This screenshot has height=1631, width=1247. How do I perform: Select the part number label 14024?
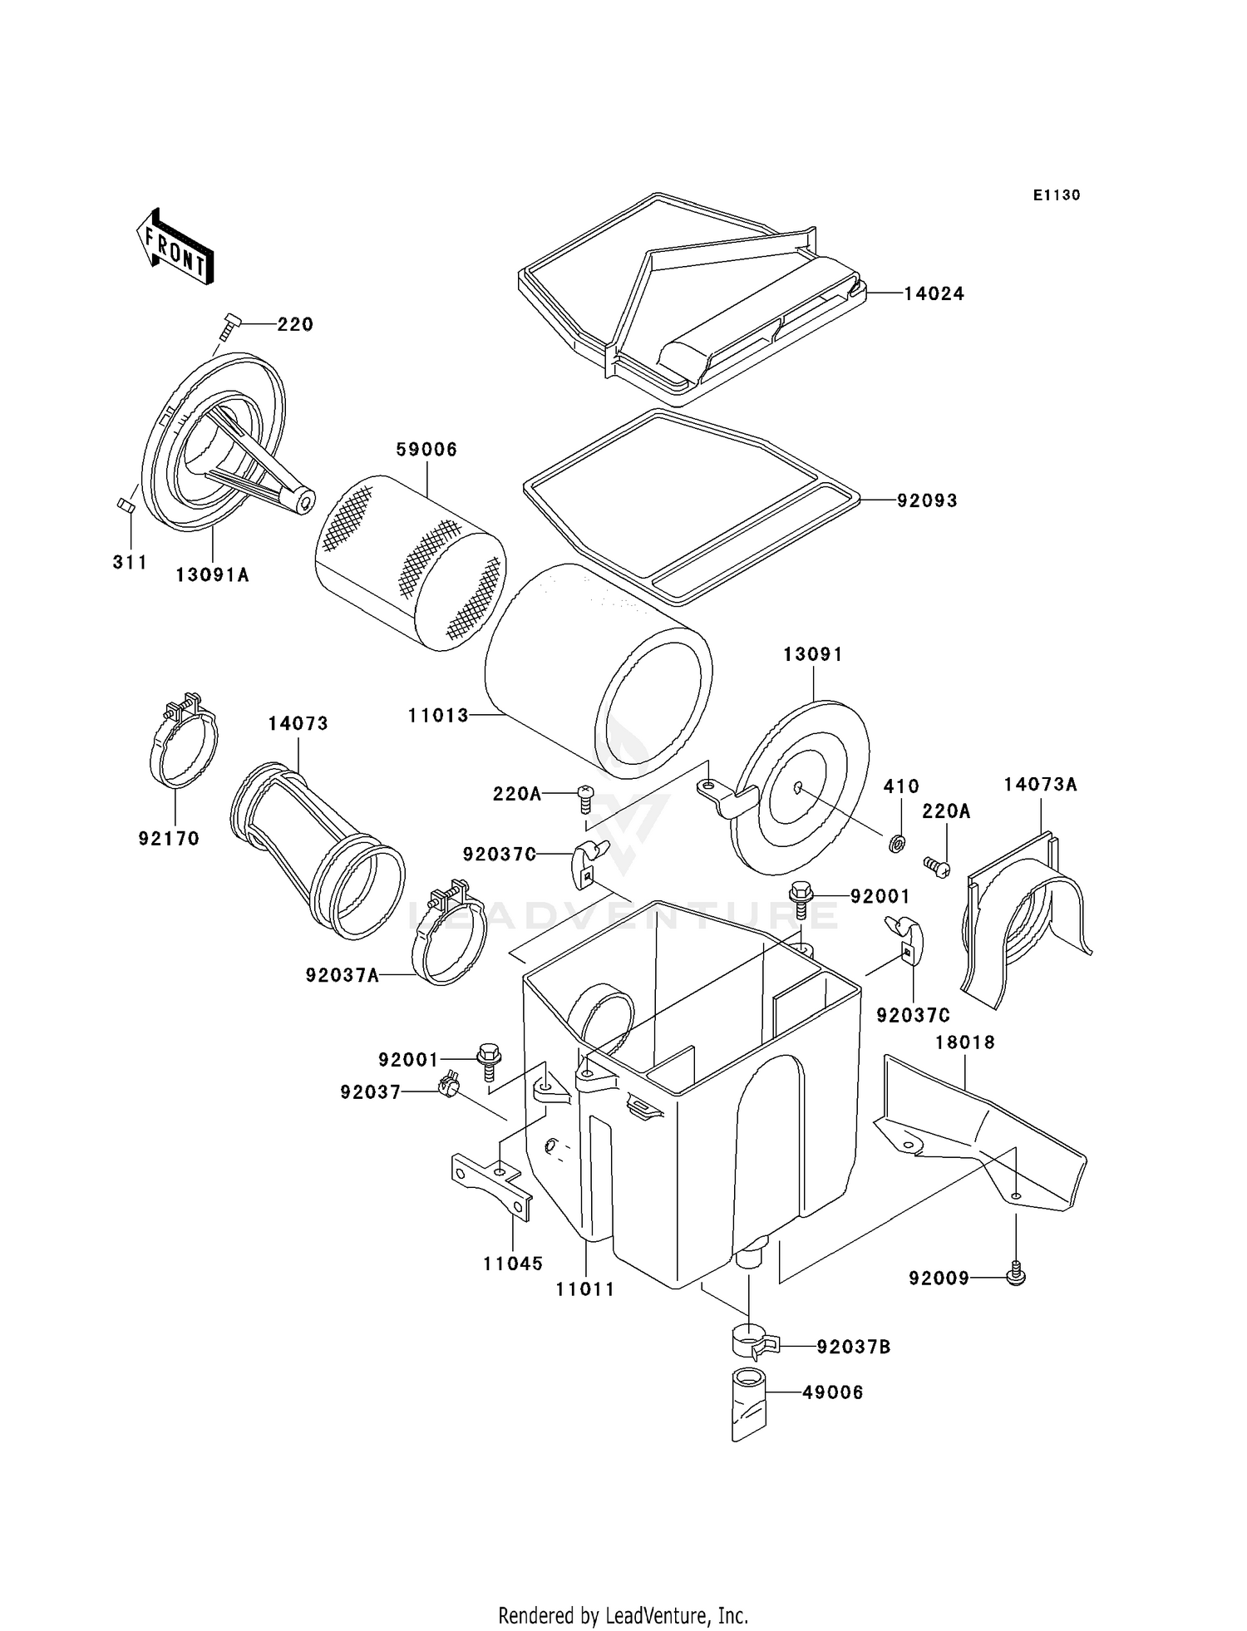[934, 293]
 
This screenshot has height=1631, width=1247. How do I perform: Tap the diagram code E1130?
[1056, 195]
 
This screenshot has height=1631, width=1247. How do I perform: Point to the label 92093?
[927, 500]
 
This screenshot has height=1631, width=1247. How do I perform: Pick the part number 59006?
[426, 450]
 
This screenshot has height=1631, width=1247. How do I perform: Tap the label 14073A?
[1039, 784]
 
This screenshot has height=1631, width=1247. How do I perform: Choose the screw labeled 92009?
[1015, 1273]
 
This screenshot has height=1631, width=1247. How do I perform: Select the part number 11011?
[585, 1289]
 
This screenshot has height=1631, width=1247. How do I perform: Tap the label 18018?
[964, 1042]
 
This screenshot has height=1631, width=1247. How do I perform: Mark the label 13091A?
[212, 574]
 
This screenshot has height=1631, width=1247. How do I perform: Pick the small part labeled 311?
[126, 506]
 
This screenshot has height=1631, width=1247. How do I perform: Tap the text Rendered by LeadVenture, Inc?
[623, 1615]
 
